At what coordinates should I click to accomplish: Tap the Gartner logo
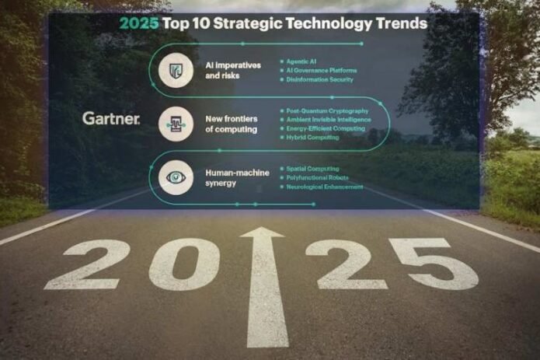point(111,119)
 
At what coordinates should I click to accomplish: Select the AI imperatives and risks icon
point(176,70)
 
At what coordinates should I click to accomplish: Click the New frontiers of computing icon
point(176,123)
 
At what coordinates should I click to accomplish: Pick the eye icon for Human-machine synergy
point(176,177)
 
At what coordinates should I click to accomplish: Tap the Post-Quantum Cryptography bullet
point(327,111)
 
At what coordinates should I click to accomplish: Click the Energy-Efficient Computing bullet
point(326,129)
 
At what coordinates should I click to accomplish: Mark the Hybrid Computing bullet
point(312,138)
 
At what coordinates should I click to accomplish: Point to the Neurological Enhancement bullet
point(325,187)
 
